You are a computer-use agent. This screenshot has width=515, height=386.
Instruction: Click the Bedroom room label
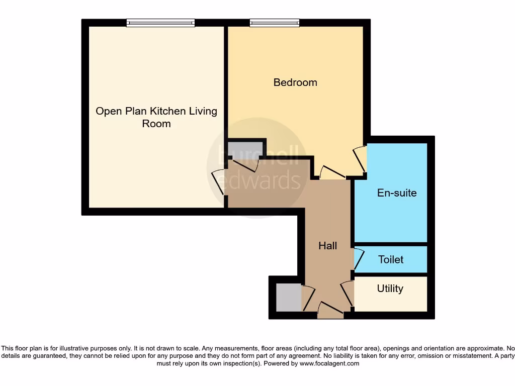pyautogui.click(x=295, y=82)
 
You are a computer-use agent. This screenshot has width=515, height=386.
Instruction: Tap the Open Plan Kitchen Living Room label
pyautogui.click(x=156, y=117)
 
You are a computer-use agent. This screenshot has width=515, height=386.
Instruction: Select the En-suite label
pyautogui.click(x=397, y=193)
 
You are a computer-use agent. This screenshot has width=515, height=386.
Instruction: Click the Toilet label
pyautogui.click(x=391, y=260)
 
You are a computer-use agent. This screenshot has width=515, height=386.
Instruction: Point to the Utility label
pyautogui.click(x=390, y=289)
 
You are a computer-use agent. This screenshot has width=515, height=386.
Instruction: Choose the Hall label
pyautogui.click(x=327, y=246)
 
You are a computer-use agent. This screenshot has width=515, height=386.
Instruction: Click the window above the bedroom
pyautogui.click(x=275, y=23)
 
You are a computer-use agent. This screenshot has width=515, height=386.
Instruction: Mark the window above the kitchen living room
pyautogui.click(x=160, y=23)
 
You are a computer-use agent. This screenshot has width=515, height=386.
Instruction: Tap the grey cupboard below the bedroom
pyautogui.click(x=245, y=149)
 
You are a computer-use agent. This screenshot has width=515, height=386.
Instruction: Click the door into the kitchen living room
pyautogui.click(x=219, y=183)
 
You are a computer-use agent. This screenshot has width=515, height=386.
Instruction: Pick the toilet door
pyautogui.click(x=358, y=258)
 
